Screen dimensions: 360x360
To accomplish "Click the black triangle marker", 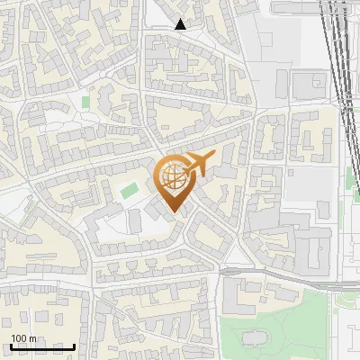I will click(x=181, y=24).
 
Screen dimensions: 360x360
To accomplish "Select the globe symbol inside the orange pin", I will click(x=175, y=178).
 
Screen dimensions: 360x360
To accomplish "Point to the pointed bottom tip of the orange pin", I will click(x=175, y=213).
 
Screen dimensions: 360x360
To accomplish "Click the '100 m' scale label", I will click(x=23, y=337).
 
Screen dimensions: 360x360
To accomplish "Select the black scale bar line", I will click(x=42, y=346).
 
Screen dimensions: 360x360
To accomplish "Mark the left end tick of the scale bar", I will click(x=12, y=346).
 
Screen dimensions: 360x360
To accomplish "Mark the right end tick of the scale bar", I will click(x=74, y=346).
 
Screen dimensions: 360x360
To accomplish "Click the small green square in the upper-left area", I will click(x=86, y=102).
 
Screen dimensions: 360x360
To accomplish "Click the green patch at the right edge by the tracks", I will click(x=356, y=191).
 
